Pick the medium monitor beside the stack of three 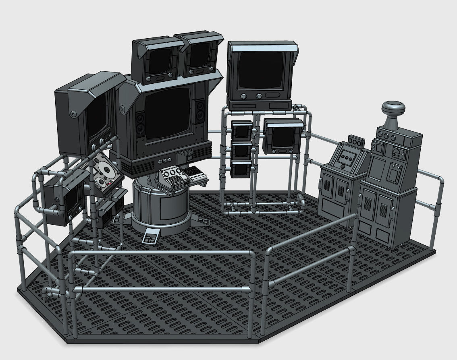pos(282,136)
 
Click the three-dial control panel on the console pos(172,176)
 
